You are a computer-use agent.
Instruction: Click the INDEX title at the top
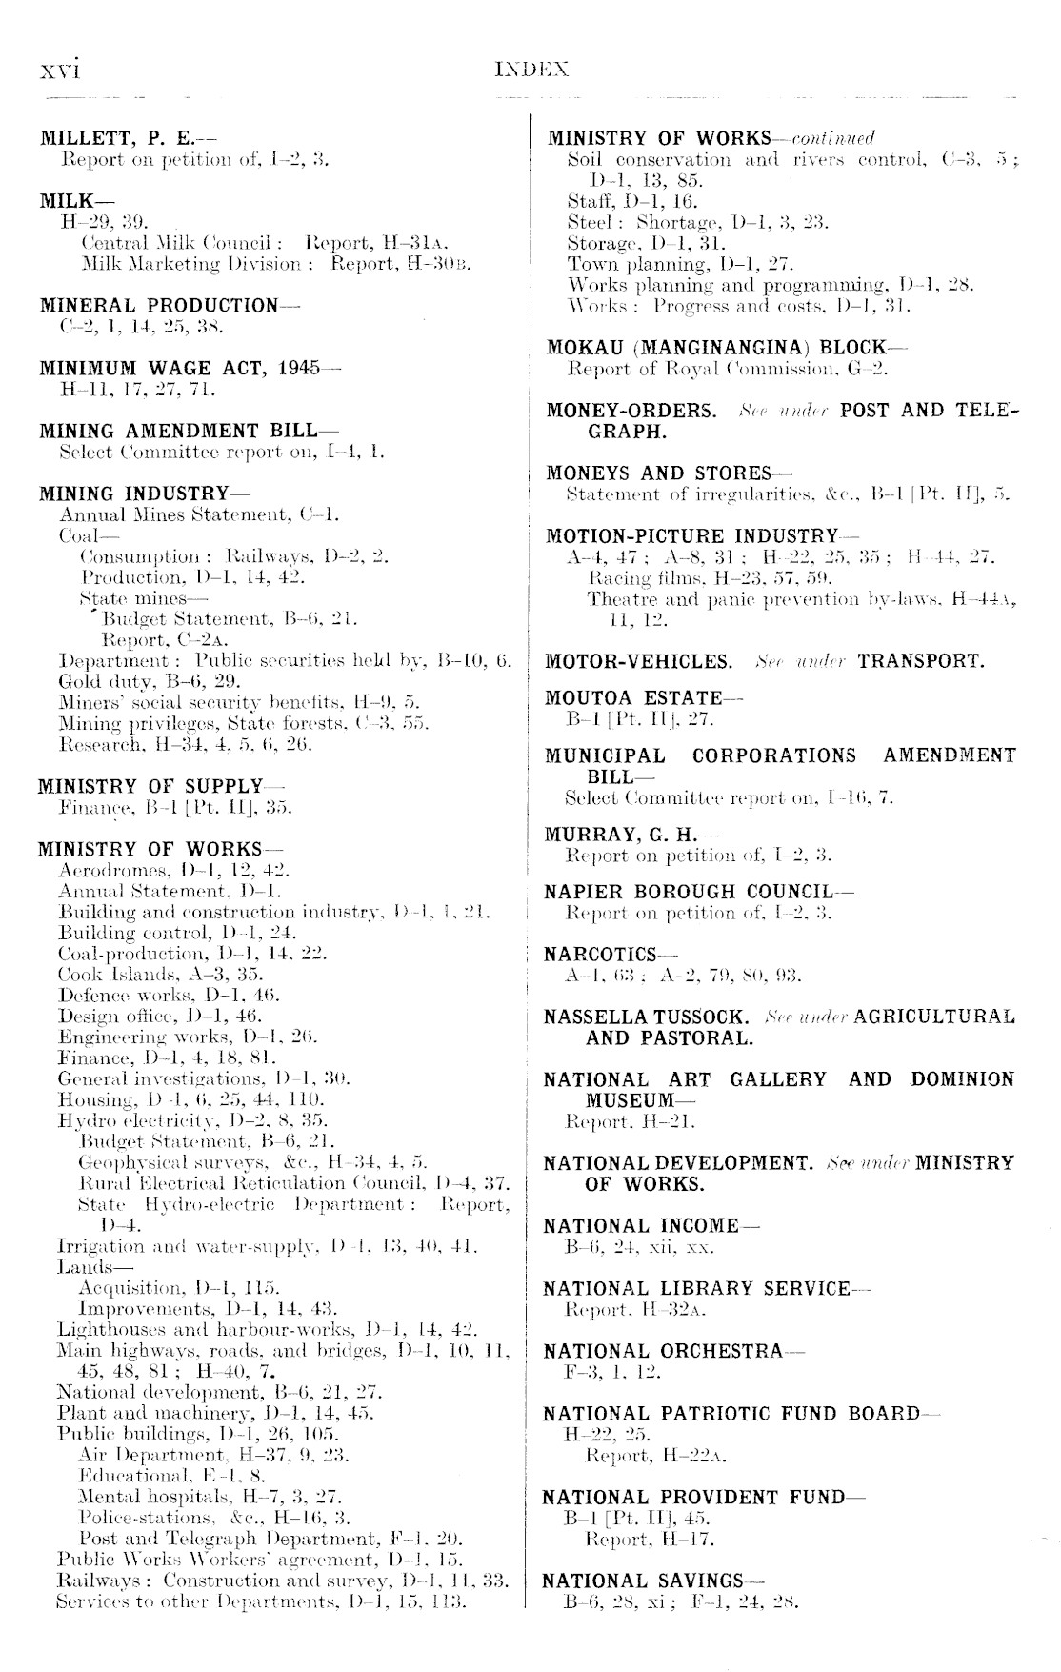tap(531, 70)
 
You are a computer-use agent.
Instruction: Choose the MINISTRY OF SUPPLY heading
tap(150, 787)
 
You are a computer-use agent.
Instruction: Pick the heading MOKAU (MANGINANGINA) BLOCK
tap(716, 348)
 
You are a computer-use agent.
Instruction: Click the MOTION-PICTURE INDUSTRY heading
tap(692, 536)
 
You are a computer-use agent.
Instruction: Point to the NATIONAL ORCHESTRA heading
tap(663, 1352)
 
